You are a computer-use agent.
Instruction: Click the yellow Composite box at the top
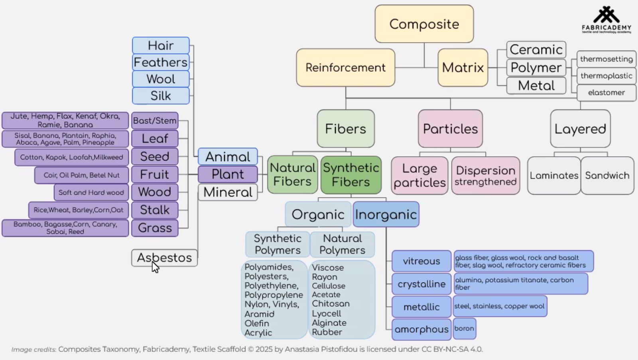[424, 24]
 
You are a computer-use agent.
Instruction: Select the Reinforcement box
[345, 67]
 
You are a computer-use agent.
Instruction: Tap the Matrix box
[463, 67]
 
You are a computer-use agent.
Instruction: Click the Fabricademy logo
[606, 20]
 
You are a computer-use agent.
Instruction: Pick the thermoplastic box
[606, 76]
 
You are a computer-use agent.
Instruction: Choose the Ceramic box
[536, 49]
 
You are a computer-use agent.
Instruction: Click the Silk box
[161, 96]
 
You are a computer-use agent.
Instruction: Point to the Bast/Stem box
[155, 120]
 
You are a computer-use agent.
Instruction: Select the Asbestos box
[164, 258]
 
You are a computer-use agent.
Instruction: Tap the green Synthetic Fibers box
[351, 175]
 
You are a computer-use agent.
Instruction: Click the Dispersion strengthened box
[485, 175]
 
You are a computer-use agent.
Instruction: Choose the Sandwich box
[607, 175]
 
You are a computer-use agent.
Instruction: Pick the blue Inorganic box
[386, 214]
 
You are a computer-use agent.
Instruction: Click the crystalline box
[421, 284]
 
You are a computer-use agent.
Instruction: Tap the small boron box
[464, 329]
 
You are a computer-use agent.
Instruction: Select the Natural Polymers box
[342, 244]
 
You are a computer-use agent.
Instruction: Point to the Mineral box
[228, 192]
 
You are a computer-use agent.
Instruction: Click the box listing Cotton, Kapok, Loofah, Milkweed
[72, 157]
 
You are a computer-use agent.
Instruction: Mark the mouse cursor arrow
[155, 267]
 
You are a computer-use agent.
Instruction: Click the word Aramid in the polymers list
[259, 314]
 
